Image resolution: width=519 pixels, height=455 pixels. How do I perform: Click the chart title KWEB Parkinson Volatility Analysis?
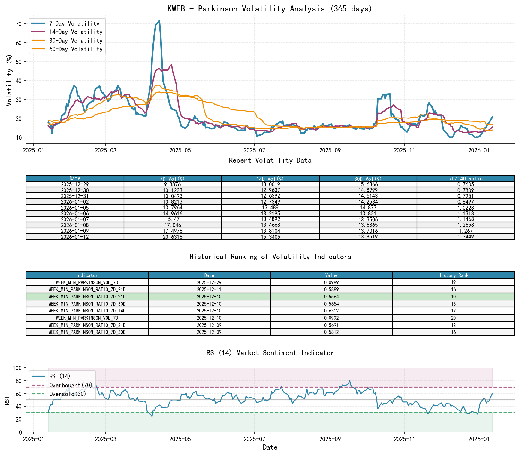(270, 9)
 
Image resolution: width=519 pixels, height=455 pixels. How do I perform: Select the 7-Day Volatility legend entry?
(74, 23)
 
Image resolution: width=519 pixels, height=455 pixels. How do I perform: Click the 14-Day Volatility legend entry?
(76, 32)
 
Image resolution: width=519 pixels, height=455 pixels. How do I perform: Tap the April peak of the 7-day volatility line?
(159, 21)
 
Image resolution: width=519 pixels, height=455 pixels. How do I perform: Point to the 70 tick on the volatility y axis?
(19, 24)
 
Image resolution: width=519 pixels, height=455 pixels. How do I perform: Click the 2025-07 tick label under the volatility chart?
(254, 150)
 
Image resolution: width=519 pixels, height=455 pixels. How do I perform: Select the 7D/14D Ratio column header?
(466, 179)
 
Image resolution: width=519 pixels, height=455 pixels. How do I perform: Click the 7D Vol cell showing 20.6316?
(173, 237)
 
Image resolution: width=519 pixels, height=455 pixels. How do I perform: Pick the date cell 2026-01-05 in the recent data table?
(75, 208)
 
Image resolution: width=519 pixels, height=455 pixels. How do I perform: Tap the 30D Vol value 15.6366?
(368, 184)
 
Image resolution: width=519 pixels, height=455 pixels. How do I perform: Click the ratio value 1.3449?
(466, 237)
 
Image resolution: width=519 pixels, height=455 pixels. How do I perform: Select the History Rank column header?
(453, 275)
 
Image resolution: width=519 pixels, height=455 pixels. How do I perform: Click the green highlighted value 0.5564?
(331, 297)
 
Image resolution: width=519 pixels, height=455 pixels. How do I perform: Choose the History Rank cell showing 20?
(453, 318)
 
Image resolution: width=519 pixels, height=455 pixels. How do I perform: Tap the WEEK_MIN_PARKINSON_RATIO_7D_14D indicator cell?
(87, 311)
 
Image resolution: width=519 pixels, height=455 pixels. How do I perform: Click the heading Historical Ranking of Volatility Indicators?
(270, 257)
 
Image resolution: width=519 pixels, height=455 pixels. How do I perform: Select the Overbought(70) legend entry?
(71, 385)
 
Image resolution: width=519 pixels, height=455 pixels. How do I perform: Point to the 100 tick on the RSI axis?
(17, 368)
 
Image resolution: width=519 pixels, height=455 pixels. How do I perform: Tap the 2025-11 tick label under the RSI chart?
(404, 439)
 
